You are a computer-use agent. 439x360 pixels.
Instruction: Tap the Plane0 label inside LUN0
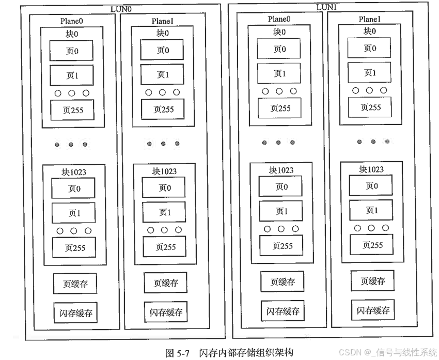[x=72, y=21]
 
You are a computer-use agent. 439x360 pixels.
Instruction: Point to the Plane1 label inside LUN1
[x=370, y=19]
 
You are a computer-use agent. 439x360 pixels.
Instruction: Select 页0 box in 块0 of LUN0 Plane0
[x=72, y=51]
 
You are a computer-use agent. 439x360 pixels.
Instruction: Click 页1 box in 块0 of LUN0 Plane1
[x=163, y=75]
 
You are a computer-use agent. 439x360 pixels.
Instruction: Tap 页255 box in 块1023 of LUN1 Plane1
[x=371, y=245]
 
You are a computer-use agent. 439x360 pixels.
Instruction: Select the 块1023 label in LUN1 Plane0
[x=281, y=170]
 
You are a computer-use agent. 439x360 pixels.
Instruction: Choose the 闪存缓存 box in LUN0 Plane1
[x=166, y=312]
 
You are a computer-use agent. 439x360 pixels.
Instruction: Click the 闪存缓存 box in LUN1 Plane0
[x=283, y=311]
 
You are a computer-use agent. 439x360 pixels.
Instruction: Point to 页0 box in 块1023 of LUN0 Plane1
[x=164, y=188]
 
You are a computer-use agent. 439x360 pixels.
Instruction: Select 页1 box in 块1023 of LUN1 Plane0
[x=281, y=211]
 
